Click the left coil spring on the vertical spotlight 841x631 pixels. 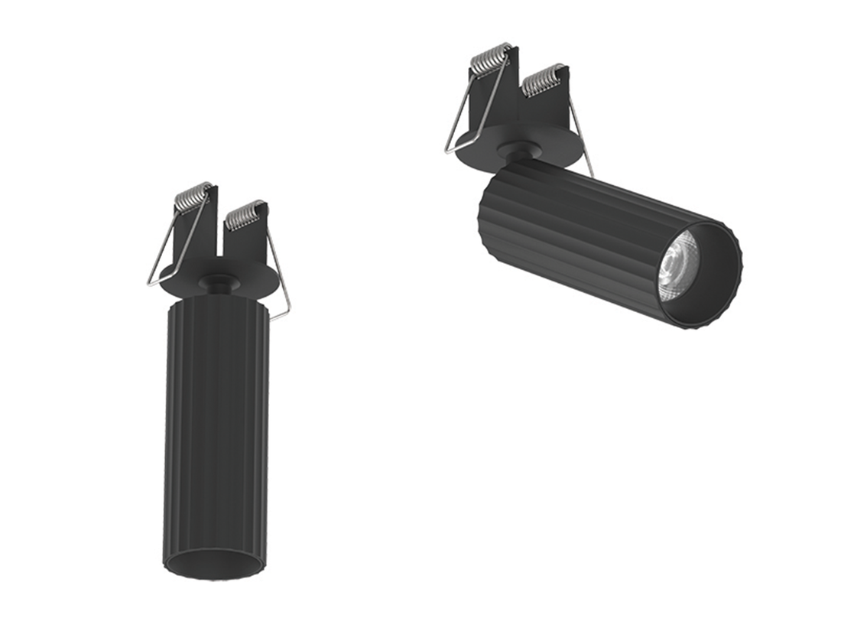pyautogui.click(x=193, y=197)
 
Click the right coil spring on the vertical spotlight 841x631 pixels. pyautogui.click(x=245, y=216)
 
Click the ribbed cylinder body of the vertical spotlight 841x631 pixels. pyautogui.click(x=216, y=428)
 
